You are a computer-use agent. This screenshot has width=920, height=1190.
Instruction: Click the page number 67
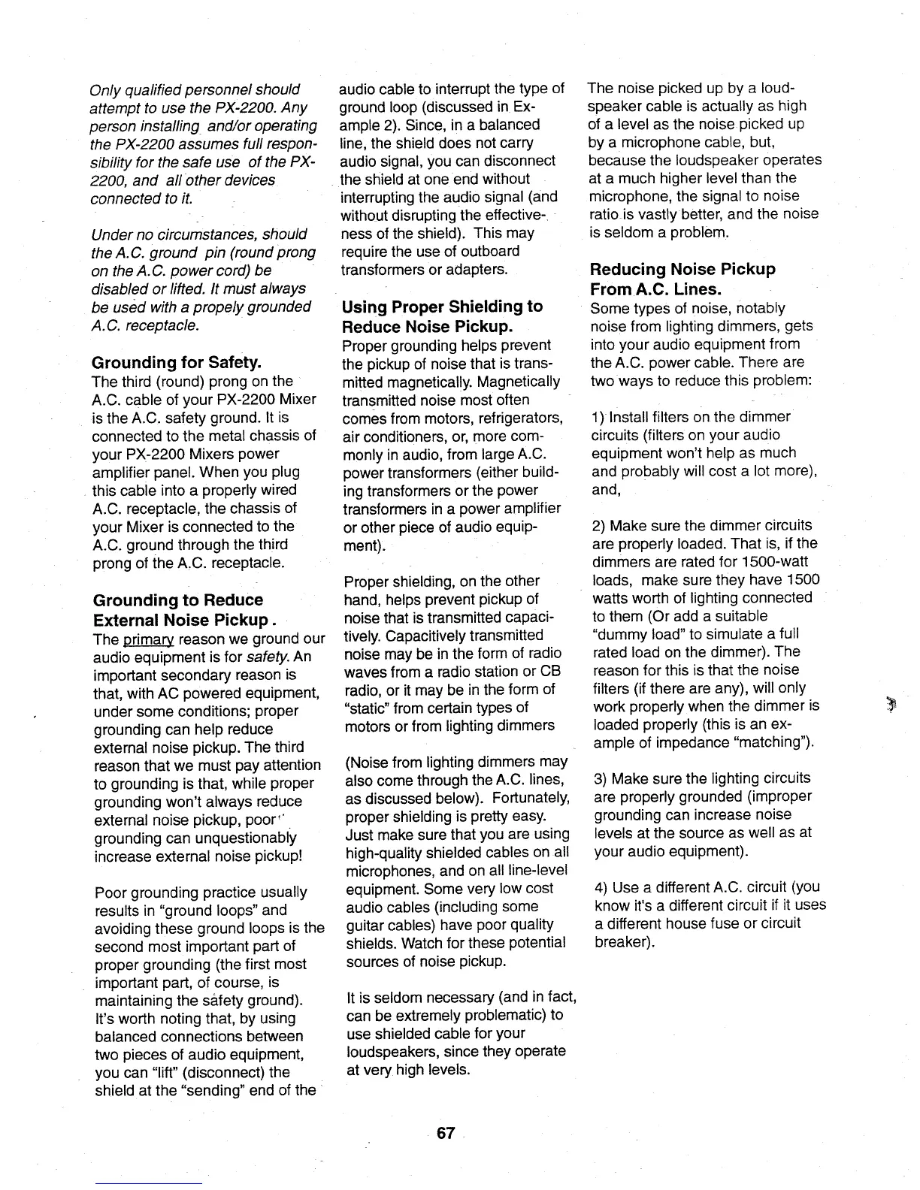pyautogui.click(x=446, y=1133)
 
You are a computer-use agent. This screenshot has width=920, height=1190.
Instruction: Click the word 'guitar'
pyautogui.click(x=365, y=925)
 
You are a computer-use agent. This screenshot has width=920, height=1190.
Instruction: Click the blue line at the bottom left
pyautogui.click(x=148, y=1184)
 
